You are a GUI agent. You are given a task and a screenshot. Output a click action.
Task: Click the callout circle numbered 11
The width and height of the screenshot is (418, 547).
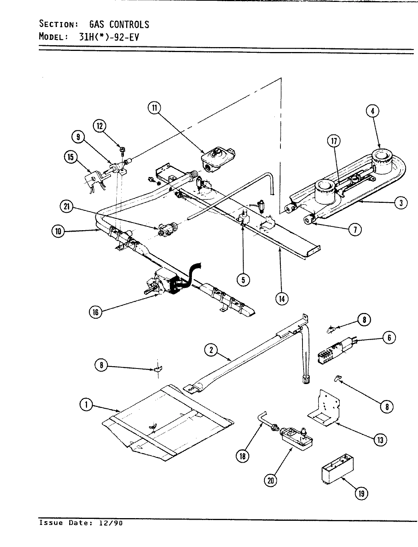click(x=154, y=108)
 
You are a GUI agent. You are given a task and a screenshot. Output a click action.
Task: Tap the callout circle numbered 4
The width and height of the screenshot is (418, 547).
click(x=372, y=111)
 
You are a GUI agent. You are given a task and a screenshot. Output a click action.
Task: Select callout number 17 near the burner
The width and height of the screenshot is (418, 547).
click(x=333, y=141)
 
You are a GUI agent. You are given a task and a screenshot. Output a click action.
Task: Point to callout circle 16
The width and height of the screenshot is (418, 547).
click(x=95, y=312)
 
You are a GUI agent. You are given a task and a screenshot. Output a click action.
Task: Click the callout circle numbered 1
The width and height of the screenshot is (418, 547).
click(x=86, y=405)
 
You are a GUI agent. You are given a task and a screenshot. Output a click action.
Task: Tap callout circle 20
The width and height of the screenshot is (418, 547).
click(x=271, y=480)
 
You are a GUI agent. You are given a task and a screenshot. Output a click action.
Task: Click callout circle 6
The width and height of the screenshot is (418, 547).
click(x=389, y=337)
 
